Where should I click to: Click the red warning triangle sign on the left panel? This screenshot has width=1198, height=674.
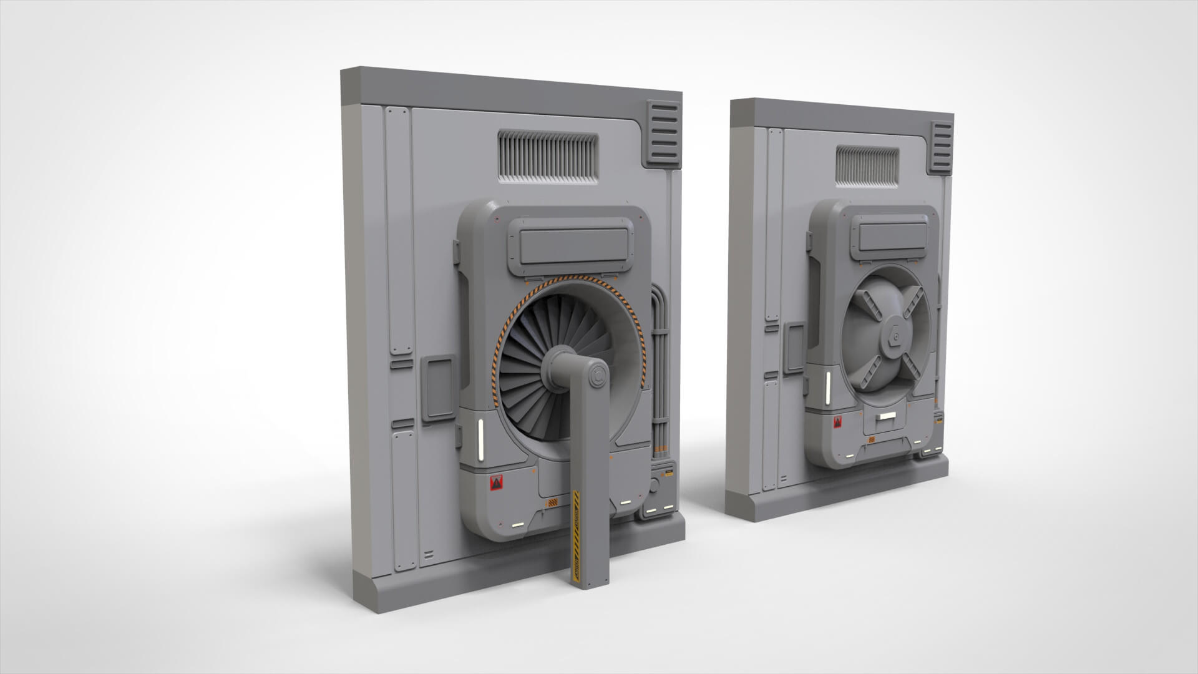coord(497,483)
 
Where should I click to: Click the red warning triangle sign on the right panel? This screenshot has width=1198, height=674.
coord(836,425)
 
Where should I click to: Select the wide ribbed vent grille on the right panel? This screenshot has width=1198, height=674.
coord(867,165)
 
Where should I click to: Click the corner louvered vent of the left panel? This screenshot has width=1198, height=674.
coord(663,133)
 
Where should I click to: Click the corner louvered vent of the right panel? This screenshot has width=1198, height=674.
coord(942,148)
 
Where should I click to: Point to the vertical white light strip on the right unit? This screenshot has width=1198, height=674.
coord(827,389)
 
